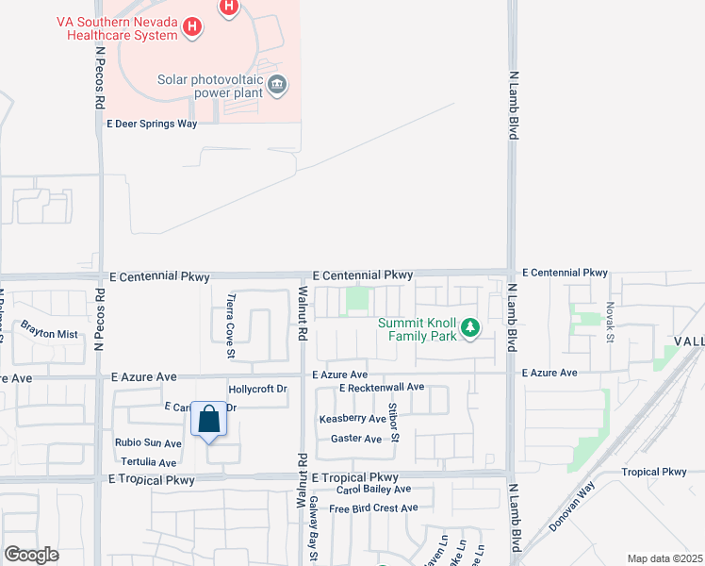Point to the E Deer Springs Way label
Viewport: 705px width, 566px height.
pos(152,124)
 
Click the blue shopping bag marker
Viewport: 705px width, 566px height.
pos(209,420)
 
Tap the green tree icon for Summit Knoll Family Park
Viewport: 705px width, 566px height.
pos(469,329)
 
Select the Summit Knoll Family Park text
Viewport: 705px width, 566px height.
pos(418,329)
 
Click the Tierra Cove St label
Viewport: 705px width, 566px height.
pos(230,325)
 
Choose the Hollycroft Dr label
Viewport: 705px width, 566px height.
pos(257,389)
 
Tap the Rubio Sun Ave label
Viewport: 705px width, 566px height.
pos(147,443)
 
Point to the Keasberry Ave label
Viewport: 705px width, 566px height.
pos(352,418)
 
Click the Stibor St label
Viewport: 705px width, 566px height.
pos(395,422)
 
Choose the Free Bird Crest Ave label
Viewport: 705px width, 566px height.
pos(373,508)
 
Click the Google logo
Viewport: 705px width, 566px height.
pos(31,554)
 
